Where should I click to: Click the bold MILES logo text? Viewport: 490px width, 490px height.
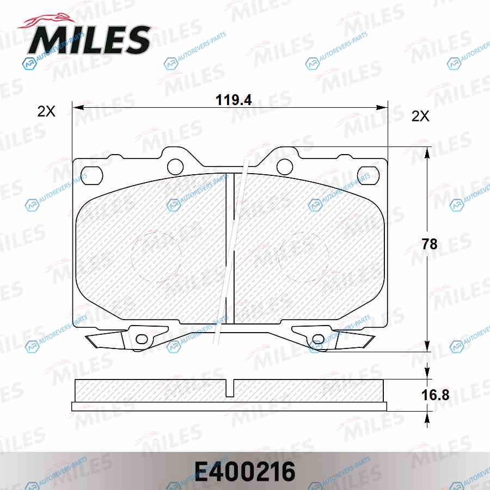click(89, 40)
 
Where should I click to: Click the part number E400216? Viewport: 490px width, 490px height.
click(245, 471)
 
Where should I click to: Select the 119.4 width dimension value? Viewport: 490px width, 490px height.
click(234, 100)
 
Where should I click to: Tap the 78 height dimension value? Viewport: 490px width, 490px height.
click(430, 244)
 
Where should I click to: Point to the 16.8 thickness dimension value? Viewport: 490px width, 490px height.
click(436, 395)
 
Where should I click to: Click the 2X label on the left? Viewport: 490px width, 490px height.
click(46, 111)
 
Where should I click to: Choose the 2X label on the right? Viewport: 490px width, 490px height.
click(420, 117)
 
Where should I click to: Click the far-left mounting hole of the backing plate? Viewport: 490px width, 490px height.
click(91, 176)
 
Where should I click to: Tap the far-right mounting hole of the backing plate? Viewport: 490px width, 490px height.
click(368, 176)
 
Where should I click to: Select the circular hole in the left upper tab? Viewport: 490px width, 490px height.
click(175, 167)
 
